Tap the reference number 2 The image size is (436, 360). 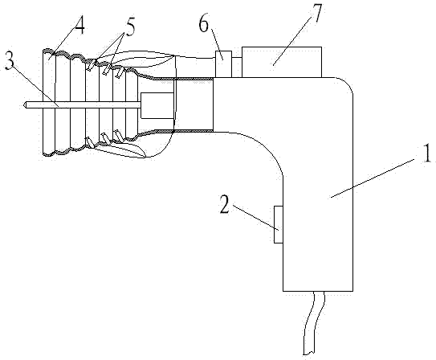[x=225, y=204]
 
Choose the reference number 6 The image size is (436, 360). [x=203, y=23]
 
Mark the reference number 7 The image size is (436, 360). [x=316, y=14]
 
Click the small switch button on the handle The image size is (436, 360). [x=279, y=224]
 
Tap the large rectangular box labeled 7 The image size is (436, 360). [x=282, y=62]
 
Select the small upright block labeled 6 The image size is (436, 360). [x=223, y=64]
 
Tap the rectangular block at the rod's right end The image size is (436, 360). [x=157, y=105]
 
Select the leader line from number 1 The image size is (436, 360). [x=373, y=178]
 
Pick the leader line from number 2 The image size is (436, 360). [x=255, y=218]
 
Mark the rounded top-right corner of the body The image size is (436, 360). [x=348, y=83]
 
